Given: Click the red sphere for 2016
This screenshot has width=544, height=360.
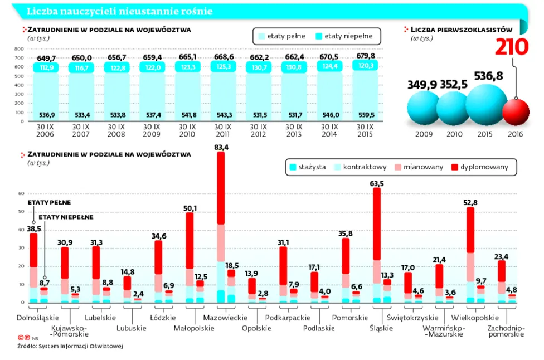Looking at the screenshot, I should click(516, 111).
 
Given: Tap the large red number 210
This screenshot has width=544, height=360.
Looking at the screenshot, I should click(512, 47).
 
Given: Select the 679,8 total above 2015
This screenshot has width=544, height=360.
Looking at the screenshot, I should click(366, 56).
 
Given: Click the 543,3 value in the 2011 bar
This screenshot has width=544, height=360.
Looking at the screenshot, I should click(224, 115).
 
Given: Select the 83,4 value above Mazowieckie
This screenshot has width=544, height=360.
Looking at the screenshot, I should click(221, 147).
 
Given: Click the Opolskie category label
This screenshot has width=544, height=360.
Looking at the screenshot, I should click(257, 328).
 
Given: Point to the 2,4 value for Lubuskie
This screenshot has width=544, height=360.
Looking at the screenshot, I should click(138, 294).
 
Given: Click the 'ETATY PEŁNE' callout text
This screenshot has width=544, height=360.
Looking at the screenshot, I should click(50, 202).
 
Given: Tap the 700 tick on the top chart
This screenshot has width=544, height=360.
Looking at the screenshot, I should click(19, 57).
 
